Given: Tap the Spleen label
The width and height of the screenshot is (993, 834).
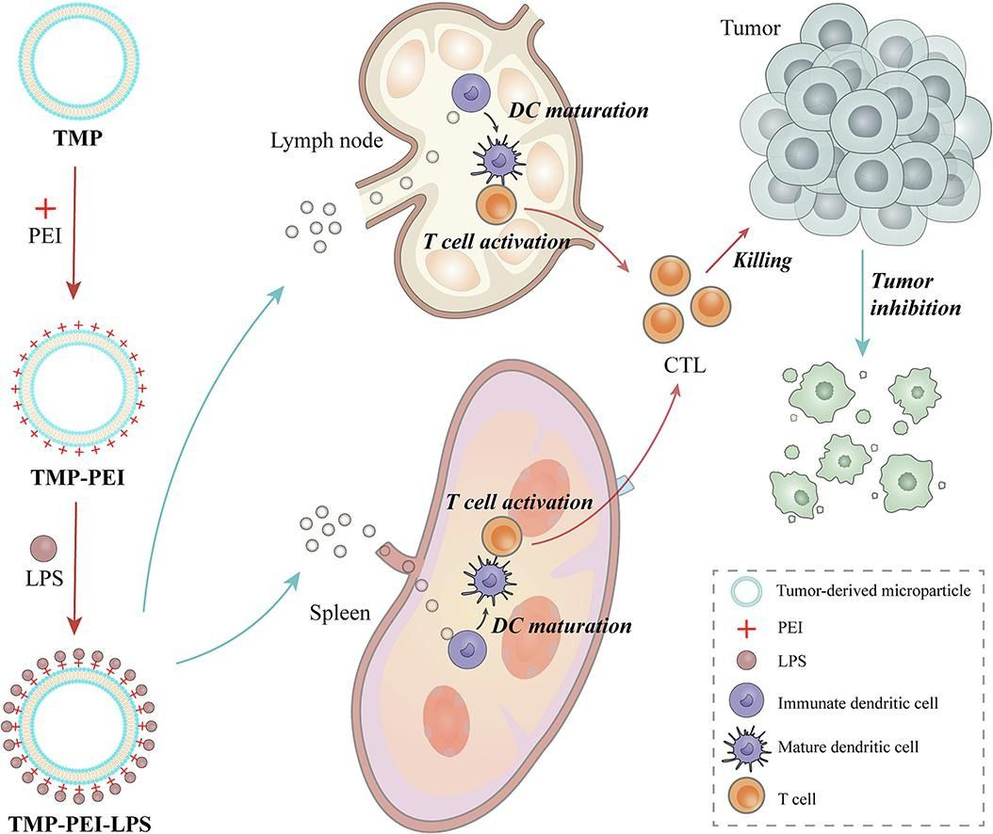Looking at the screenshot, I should (340, 614).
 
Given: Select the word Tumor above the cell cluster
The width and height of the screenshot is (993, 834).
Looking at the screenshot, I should (750, 29).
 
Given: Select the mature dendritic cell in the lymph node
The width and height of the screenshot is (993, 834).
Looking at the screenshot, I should (493, 160).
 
